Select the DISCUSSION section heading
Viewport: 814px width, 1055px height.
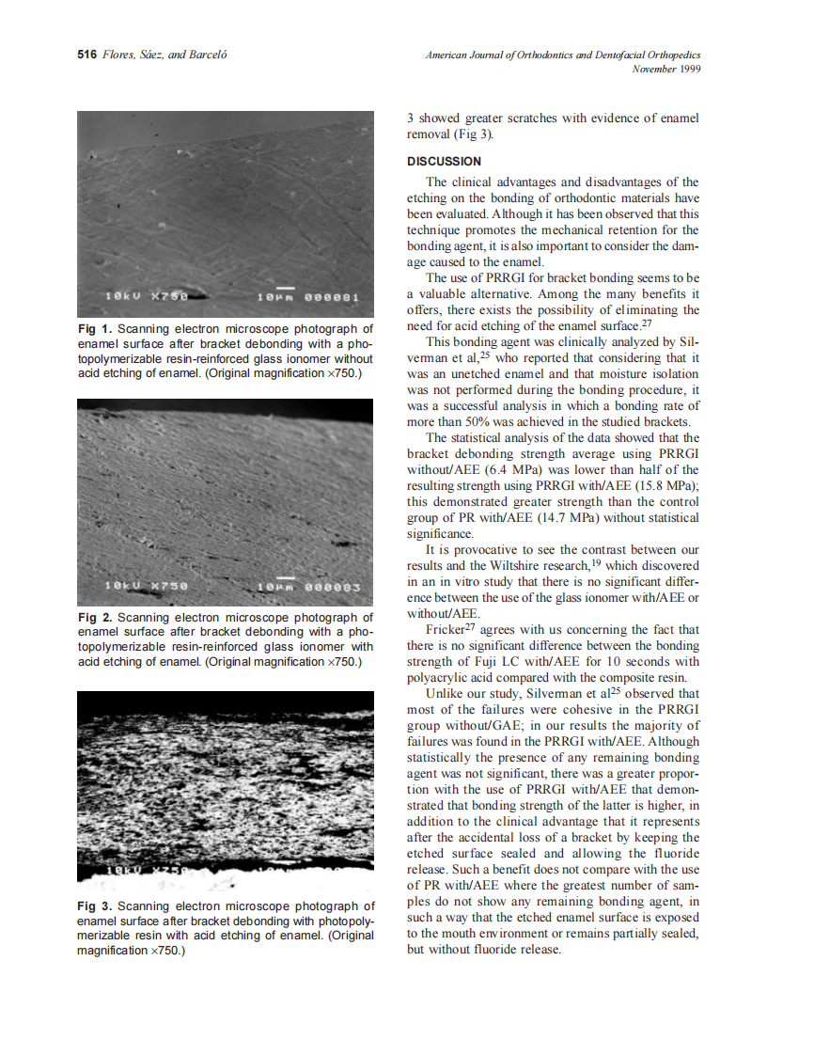click(444, 161)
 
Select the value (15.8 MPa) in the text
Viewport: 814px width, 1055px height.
click(664, 485)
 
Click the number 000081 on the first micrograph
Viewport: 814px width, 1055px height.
click(335, 298)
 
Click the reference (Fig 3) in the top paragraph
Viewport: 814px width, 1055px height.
click(472, 134)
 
